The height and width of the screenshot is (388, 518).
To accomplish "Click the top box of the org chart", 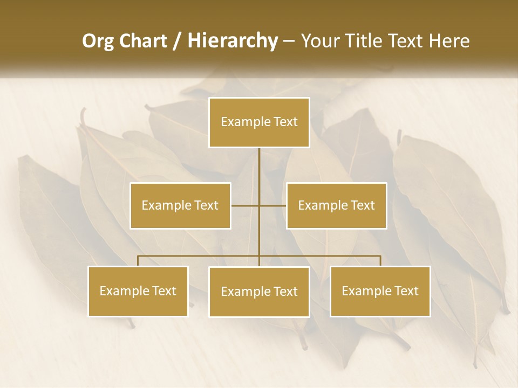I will point(259,122).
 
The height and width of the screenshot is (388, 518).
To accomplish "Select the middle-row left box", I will point(180,205).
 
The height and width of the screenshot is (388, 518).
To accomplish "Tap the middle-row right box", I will point(336,205).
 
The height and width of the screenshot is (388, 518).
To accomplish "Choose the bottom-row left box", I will point(138,291).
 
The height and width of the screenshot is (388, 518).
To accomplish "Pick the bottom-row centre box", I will point(259,292).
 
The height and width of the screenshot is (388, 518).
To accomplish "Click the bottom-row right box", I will point(380,291).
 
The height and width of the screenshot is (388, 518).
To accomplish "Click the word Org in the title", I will point(98,41).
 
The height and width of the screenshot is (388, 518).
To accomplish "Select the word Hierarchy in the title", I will point(232,41).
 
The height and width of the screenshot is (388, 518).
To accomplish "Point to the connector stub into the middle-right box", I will point(273,205).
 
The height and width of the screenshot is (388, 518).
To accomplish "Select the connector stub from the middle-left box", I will point(245,205).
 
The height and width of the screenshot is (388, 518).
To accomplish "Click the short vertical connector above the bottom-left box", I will point(138,261).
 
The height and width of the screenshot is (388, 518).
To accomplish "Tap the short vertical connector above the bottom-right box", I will point(380,261).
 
